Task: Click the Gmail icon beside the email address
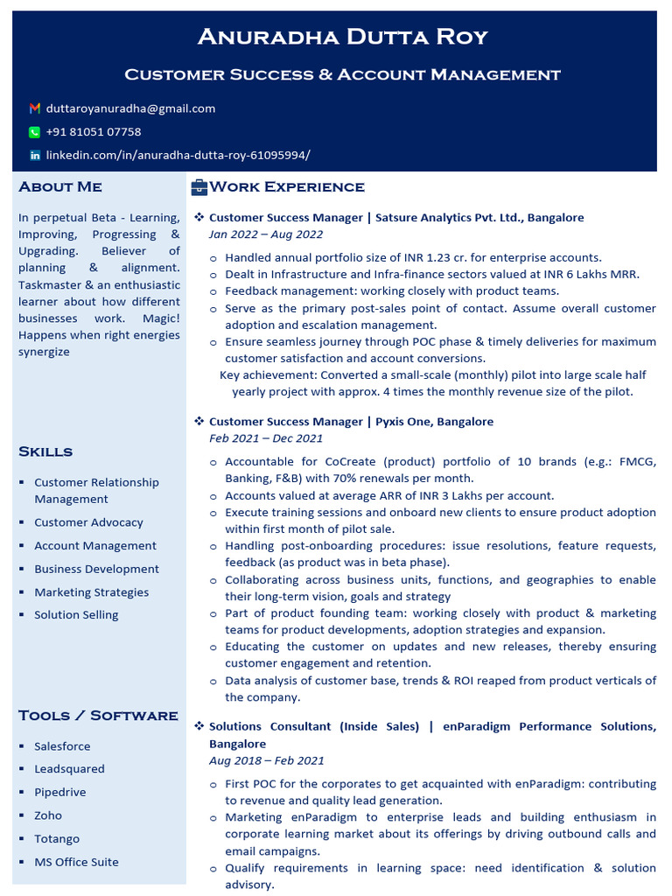click(x=35, y=108)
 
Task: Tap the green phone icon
click(x=35, y=132)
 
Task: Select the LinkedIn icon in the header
click(x=35, y=155)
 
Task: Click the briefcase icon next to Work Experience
click(x=199, y=186)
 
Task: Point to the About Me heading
click(x=60, y=186)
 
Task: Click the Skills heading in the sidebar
click(x=45, y=451)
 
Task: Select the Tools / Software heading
click(x=98, y=716)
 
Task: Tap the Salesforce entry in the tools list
click(x=62, y=746)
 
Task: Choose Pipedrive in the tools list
click(x=60, y=792)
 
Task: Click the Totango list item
click(x=57, y=839)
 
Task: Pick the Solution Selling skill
click(x=76, y=615)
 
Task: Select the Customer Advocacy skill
click(x=88, y=522)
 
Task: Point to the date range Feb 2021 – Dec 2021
click(x=266, y=438)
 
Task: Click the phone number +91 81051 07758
click(x=94, y=132)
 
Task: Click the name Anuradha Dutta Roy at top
click(x=342, y=37)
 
